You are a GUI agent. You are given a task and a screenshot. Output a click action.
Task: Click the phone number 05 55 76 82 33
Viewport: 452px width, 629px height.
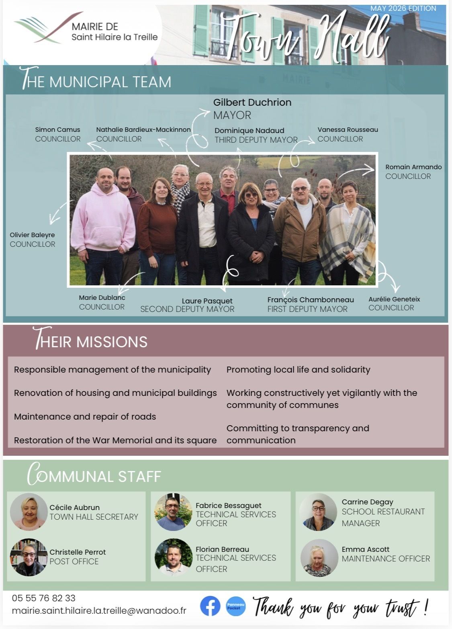(x=43, y=598)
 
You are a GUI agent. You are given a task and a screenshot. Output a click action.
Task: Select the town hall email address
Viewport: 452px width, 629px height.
(x=99, y=611)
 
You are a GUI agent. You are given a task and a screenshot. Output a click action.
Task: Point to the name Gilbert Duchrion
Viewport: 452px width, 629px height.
(x=252, y=102)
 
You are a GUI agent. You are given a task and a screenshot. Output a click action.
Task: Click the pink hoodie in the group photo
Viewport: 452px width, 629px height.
(x=103, y=217)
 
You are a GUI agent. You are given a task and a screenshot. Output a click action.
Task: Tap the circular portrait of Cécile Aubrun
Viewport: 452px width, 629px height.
(x=29, y=512)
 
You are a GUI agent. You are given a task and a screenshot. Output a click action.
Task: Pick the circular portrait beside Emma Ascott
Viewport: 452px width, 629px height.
(x=319, y=558)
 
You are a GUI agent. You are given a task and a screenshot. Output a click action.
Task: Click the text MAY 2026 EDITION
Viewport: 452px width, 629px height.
(x=403, y=8)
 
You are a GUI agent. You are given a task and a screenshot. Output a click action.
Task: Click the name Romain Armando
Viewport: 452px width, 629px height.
(x=413, y=167)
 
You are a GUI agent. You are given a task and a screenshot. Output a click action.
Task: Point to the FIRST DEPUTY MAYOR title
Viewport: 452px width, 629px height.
(x=307, y=309)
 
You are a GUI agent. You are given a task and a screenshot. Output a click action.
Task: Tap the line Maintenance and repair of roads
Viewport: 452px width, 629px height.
(x=85, y=416)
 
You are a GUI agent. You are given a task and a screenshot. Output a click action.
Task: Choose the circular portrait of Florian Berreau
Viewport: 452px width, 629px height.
(x=174, y=557)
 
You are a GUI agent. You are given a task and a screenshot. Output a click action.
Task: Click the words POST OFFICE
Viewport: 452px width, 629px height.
(x=74, y=561)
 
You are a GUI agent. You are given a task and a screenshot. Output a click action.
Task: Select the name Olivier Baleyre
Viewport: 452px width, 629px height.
(x=32, y=235)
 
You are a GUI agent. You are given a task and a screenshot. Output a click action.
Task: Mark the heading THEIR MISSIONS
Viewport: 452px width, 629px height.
(x=90, y=339)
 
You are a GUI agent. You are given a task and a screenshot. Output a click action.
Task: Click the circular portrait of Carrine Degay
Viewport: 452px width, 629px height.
(x=318, y=512)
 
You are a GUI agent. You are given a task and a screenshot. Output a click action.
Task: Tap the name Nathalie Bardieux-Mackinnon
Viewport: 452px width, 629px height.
(x=143, y=130)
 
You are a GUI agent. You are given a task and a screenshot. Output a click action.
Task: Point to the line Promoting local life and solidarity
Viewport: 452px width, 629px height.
(x=298, y=370)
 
